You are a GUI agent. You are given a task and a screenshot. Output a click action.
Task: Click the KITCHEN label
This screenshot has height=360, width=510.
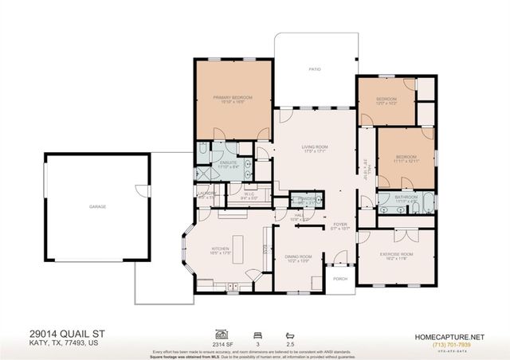click(220, 248)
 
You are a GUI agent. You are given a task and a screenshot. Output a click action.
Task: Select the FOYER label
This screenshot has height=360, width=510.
click(340, 224)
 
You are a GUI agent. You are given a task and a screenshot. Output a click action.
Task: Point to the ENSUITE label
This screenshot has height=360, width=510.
click(229, 162)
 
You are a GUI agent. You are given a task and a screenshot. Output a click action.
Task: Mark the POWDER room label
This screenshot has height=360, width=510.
click(304, 198)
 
